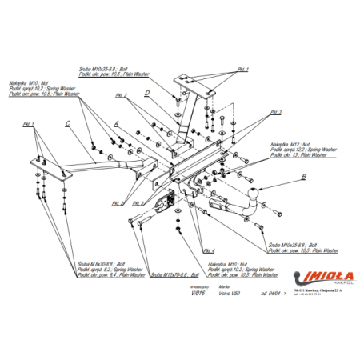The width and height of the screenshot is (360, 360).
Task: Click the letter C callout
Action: point(69,122)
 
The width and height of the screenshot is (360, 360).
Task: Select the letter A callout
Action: point(117,123)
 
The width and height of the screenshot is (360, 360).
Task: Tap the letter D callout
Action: point(148,94)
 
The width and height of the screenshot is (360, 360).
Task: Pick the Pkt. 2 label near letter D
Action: point(121,96)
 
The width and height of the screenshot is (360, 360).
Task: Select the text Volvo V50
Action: point(229,294)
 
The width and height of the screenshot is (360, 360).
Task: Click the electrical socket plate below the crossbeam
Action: point(168,202)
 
